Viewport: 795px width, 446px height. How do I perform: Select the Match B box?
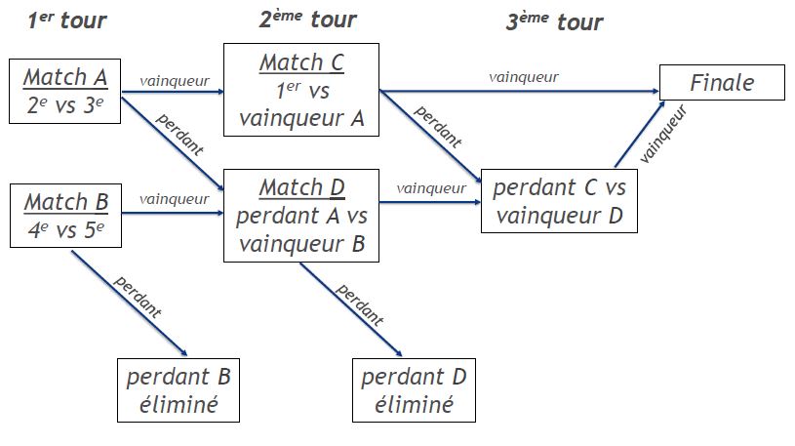pos(64,218)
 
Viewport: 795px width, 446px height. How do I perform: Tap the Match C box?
pos(300,91)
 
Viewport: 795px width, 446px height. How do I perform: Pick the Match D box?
pos(300,216)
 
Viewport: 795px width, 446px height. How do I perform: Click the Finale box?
pos(722,82)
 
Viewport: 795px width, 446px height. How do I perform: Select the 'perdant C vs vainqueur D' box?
pos(559,201)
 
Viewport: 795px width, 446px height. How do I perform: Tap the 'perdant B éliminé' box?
pos(178,390)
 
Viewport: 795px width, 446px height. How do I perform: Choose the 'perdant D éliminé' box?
pos(415,390)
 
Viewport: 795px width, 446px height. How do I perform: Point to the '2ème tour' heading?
pos(308,20)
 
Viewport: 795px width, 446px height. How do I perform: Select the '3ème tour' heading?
pos(554,21)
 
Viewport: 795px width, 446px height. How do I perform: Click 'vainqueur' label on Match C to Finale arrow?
pos(524,77)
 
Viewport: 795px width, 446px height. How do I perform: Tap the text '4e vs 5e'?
pos(64,232)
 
